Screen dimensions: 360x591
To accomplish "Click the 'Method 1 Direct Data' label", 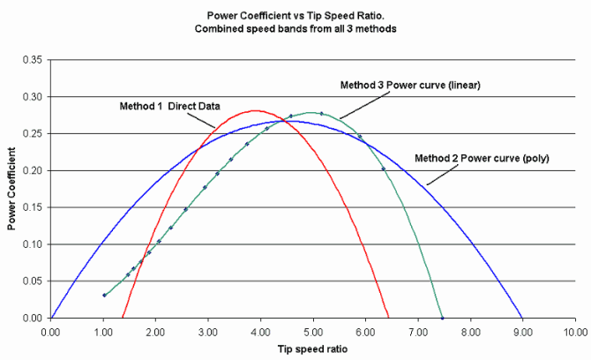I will (169, 105).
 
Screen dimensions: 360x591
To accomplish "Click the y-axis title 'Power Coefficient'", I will (12, 188).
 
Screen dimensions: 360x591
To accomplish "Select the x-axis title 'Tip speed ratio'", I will (312, 349).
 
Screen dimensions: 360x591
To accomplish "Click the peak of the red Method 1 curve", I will (256, 110).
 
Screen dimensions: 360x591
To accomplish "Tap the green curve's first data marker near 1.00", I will (104, 295).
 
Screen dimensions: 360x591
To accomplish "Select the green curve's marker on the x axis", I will (442, 318).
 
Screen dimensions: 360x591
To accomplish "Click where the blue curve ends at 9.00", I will (522, 318).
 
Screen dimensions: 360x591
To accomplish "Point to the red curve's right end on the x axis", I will (388, 318).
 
